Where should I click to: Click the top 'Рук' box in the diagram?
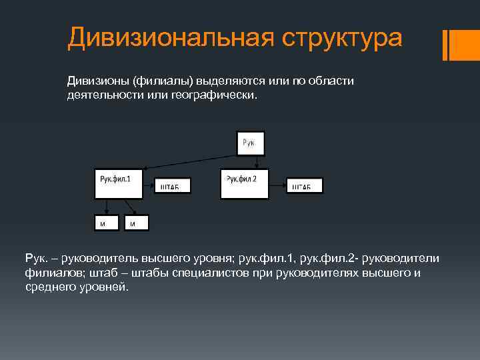click(250, 143)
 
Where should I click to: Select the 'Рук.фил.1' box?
click(118, 183)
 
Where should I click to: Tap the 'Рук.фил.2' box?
click(244, 183)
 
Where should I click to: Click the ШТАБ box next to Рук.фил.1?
click(172, 185)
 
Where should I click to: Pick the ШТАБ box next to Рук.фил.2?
click(305, 185)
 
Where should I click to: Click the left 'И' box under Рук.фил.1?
click(106, 223)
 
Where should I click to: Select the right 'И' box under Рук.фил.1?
click(137, 223)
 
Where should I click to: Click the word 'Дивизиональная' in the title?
click(170, 38)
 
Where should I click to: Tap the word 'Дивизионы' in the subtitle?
click(97, 81)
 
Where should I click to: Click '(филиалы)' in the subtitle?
click(161, 81)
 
